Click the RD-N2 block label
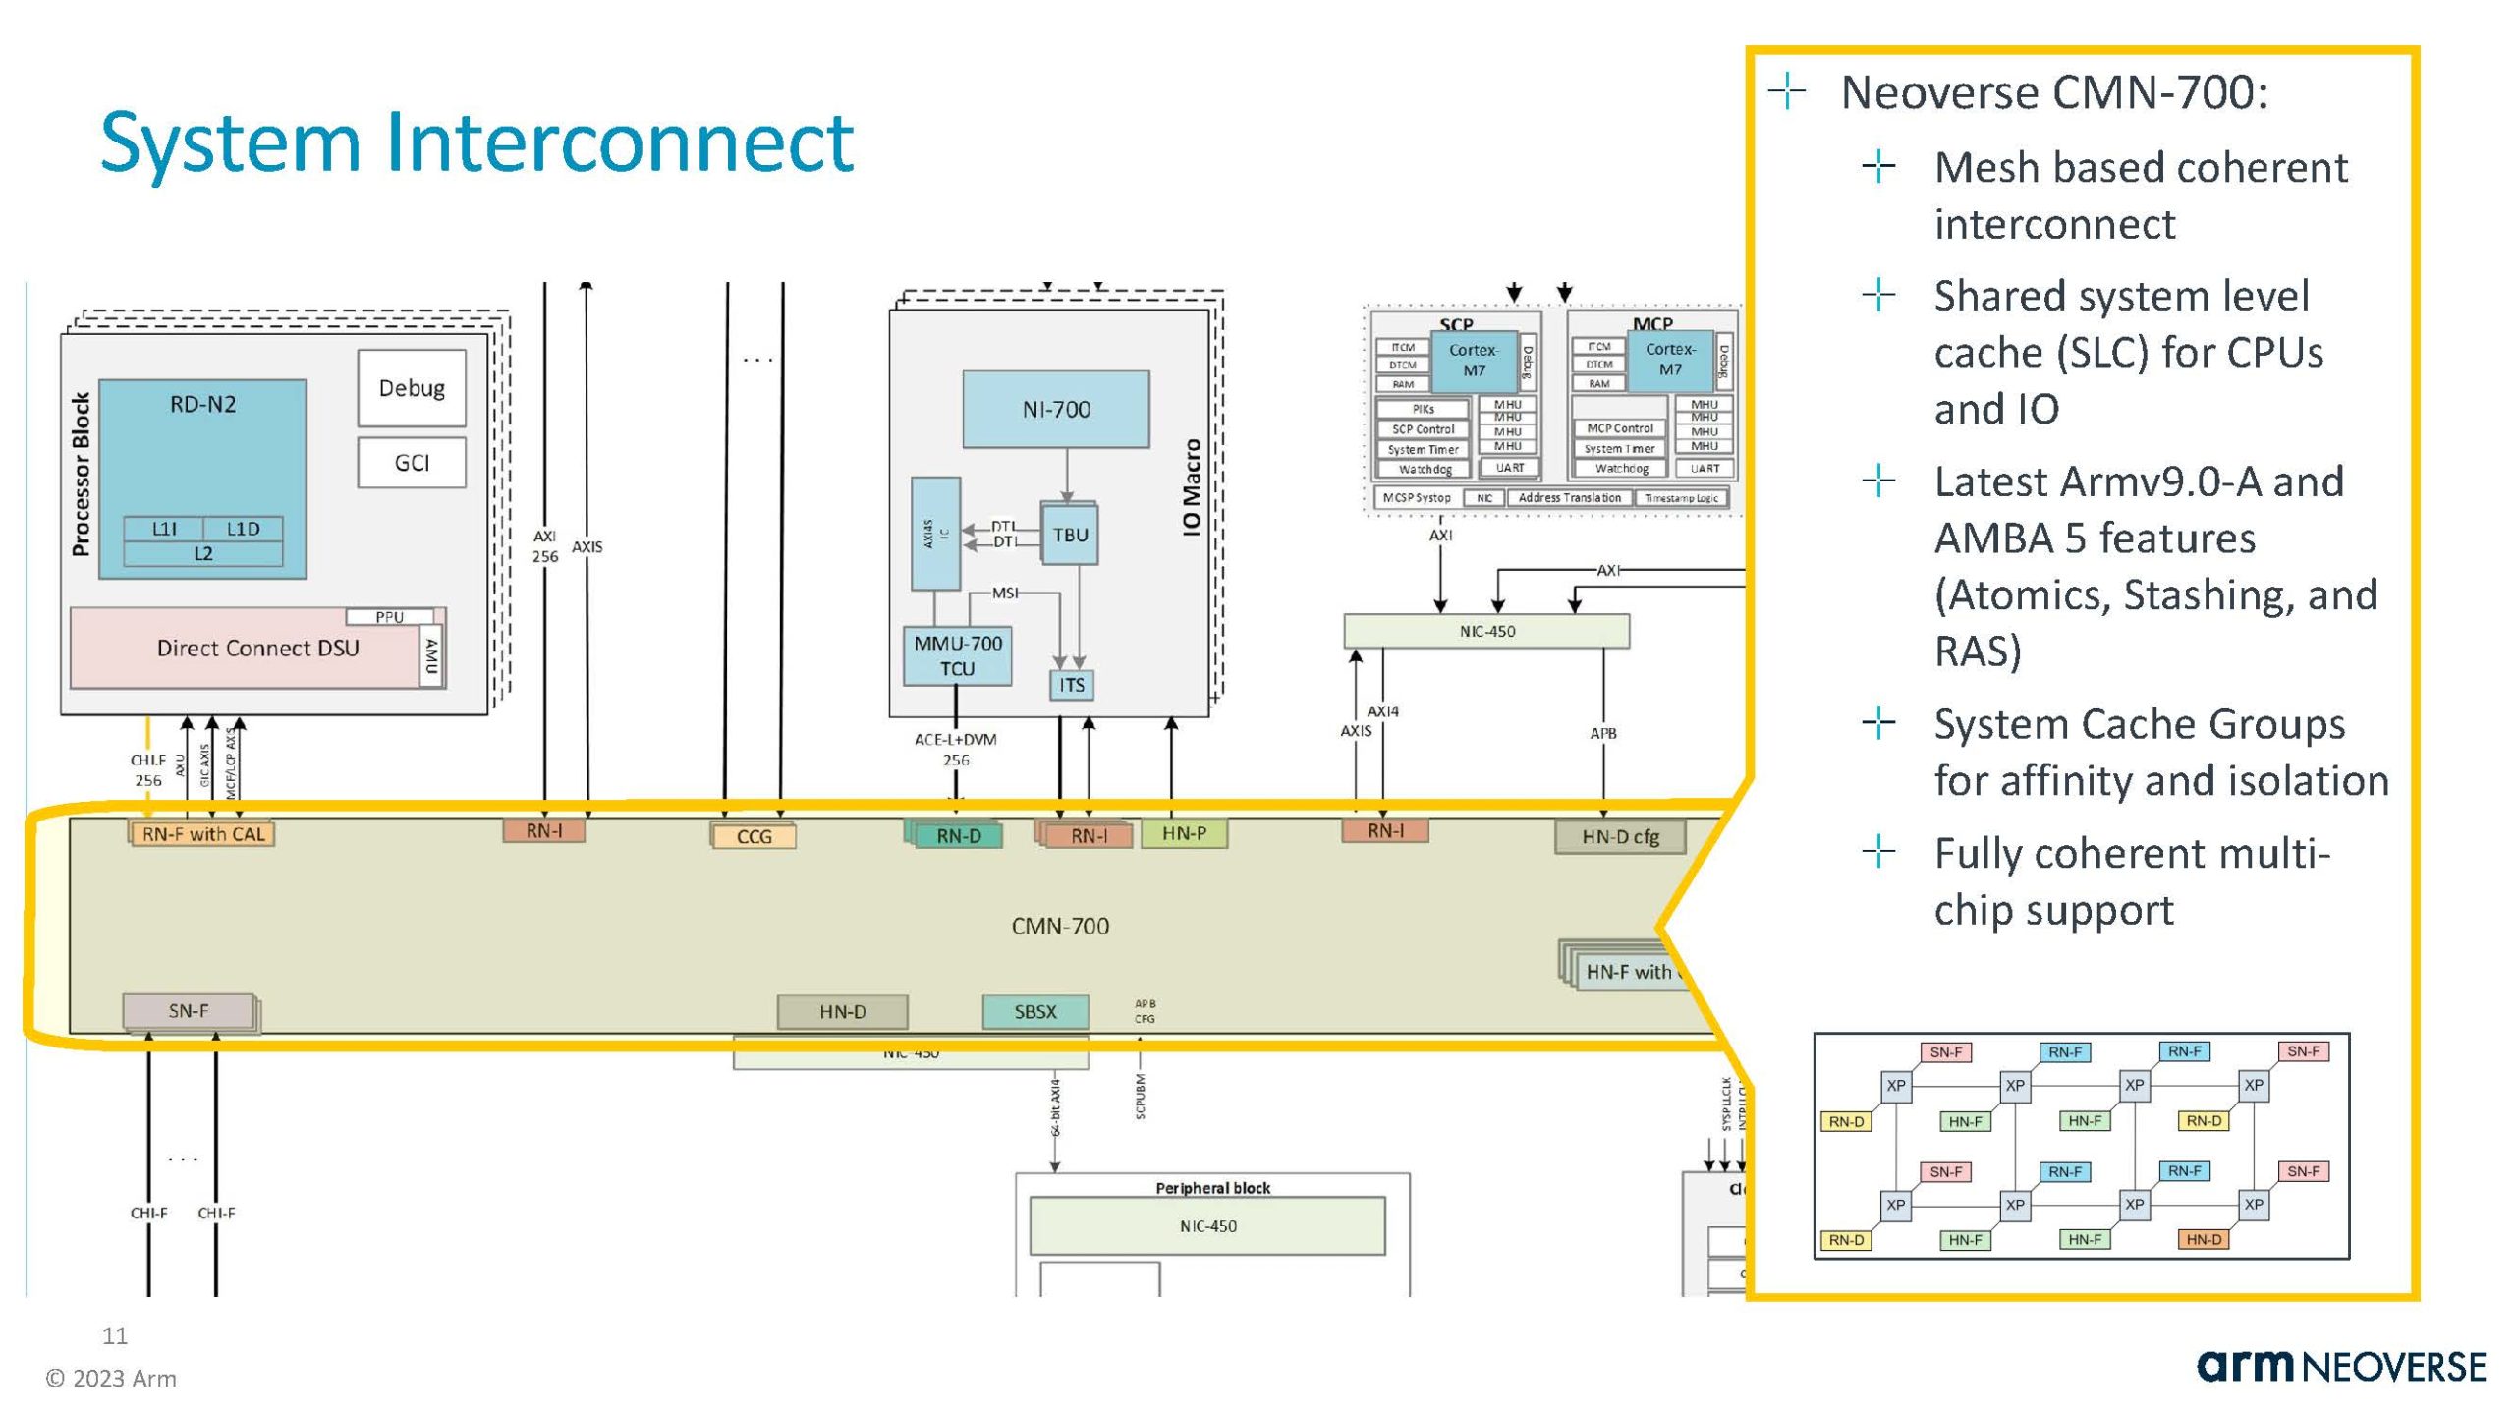pyautogui.click(x=202, y=404)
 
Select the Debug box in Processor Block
pyautogui.click(x=412, y=388)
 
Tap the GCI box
pyautogui.click(x=412, y=463)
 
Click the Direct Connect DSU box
pyautogui.click(x=257, y=649)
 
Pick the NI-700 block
pyautogui.click(x=1056, y=410)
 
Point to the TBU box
pyautogui.click(x=1070, y=536)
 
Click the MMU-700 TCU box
pyautogui.click(x=957, y=656)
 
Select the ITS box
pyautogui.click(x=1072, y=685)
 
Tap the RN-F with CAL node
pyautogui.click(x=203, y=835)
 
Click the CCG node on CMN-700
pyautogui.click(x=754, y=837)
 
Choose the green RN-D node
pyautogui.click(x=958, y=836)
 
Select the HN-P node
pyautogui.click(x=1184, y=833)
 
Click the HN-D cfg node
pyautogui.click(x=1620, y=837)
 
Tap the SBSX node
pyautogui.click(x=1035, y=1012)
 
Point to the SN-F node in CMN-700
pyautogui.click(x=189, y=1011)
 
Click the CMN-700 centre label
pyautogui.click(x=1060, y=926)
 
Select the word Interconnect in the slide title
pyautogui.click(x=620, y=142)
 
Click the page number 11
pyautogui.click(x=115, y=1335)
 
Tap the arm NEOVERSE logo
pyautogui.click(x=2341, y=1367)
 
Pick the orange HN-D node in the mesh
pyautogui.click(x=2204, y=1240)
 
